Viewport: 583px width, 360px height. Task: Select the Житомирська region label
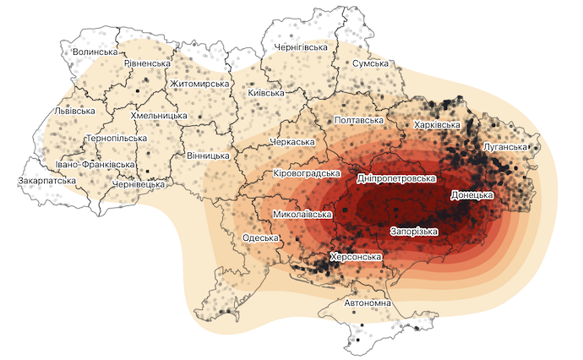coord(200,85)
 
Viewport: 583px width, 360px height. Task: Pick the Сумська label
coord(370,64)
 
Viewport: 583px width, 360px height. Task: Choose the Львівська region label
coord(69,111)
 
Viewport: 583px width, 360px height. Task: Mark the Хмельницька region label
coord(159,115)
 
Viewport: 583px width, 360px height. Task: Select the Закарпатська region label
coord(47,181)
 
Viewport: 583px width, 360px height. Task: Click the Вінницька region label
coord(208,156)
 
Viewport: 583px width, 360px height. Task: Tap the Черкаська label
coord(291,142)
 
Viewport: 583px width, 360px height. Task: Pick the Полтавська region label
coord(361,121)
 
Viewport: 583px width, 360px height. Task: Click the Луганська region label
coord(506,147)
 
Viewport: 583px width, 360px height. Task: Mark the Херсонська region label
coord(356,257)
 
